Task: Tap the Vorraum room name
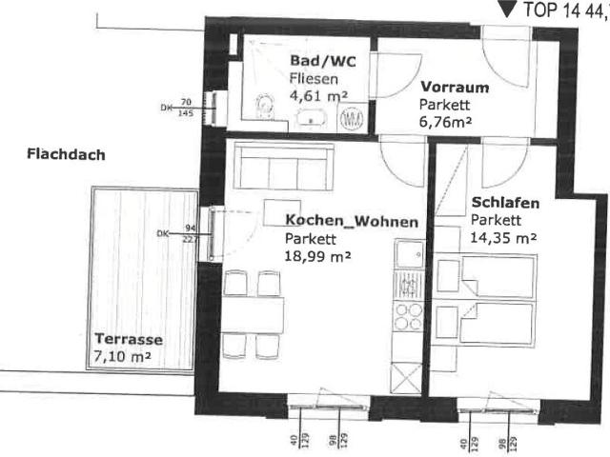(x=455, y=88)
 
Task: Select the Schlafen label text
(x=505, y=203)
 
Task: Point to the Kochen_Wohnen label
(x=351, y=221)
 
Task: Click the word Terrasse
(x=128, y=340)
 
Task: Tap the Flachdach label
(x=66, y=154)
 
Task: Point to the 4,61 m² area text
(x=318, y=94)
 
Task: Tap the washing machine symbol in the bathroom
(x=352, y=119)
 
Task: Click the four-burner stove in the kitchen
(x=408, y=315)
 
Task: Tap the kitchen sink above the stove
(x=410, y=254)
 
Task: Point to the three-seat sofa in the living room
(x=284, y=168)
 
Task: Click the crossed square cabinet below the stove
(x=408, y=379)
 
